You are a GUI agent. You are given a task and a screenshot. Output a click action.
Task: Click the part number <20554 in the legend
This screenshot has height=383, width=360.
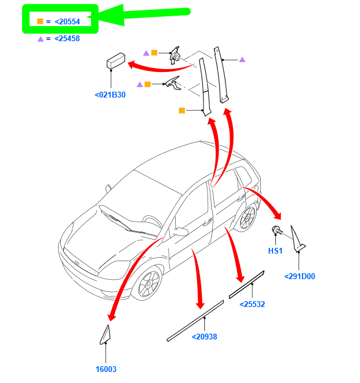pos(67,21)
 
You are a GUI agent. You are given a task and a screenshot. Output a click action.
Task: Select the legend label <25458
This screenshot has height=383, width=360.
pos(67,39)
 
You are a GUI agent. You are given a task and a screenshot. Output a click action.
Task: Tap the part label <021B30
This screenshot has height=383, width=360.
pos(110,95)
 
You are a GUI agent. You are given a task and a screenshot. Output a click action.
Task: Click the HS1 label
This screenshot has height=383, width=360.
pos(275,251)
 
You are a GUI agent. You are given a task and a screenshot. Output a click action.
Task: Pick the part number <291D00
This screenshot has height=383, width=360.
pos(300,276)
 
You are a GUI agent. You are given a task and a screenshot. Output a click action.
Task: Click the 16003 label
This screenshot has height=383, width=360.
pos(106,369)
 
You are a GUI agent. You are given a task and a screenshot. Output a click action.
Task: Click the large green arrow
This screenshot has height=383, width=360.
pos(145,15)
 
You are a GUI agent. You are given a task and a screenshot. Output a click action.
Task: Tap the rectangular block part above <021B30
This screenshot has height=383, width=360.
pos(116,60)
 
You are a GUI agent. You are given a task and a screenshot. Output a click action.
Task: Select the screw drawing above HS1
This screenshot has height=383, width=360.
pos(277,232)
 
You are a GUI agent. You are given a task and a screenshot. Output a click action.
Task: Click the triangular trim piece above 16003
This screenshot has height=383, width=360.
pos(105,335)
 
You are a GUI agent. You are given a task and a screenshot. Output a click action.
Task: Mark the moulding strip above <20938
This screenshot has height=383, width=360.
pos(195,320)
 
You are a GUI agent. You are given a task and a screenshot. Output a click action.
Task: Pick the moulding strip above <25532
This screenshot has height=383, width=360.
pos(246,284)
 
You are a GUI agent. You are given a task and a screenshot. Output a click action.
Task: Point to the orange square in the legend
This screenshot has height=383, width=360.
pos(40,21)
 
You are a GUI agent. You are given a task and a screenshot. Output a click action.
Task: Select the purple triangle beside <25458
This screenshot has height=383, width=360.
pos(41,39)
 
